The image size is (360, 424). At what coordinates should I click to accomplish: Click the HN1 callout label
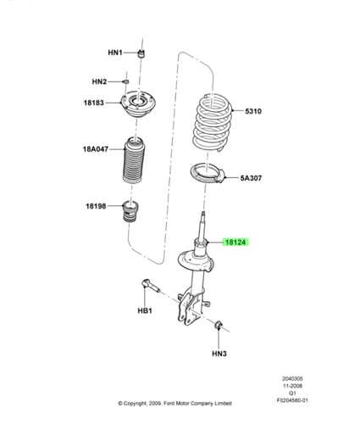(115, 53)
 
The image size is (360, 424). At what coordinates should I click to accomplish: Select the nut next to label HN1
(141, 53)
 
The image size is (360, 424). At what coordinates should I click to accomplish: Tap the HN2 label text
(99, 82)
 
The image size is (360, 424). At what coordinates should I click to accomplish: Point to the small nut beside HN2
(126, 81)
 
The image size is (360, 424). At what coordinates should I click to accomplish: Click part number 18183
(94, 103)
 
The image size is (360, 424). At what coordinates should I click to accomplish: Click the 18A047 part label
(96, 149)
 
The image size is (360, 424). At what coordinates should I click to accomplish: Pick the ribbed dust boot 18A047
(134, 160)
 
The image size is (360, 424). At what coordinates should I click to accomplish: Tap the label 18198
(96, 206)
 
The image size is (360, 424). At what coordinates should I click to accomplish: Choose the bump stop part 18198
(130, 211)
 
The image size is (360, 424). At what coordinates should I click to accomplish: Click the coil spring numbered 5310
(213, 122)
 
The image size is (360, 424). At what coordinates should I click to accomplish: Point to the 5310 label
(253, 111)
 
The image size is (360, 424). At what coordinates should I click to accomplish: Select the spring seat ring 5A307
(208, 173)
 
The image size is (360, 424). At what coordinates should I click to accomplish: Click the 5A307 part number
(251, 178)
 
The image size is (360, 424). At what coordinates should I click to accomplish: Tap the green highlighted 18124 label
(235, 243)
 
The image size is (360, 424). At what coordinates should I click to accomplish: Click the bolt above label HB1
(150, 286)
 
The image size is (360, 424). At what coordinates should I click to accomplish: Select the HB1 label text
(145, 310)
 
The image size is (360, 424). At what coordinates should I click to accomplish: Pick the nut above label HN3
(219, 325)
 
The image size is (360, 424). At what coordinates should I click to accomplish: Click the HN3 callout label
(219, 354)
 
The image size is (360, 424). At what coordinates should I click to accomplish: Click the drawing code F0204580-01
(292, 400)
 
